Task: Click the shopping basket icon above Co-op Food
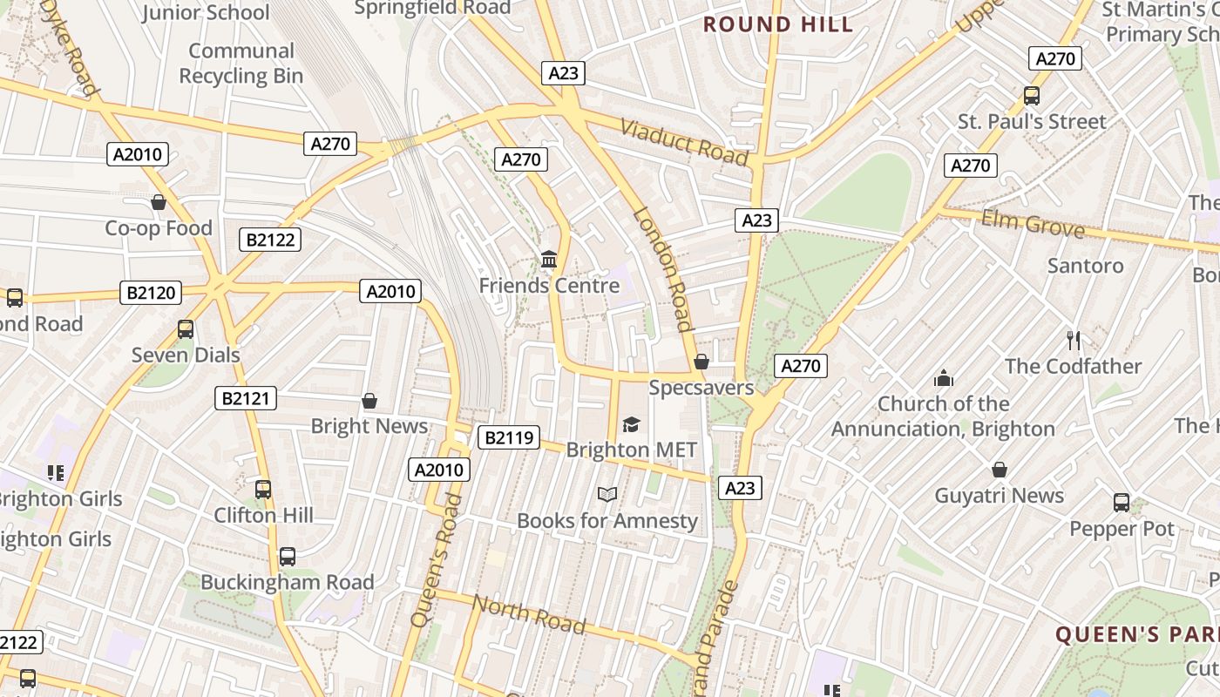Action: (159, 202)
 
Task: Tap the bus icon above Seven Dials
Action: (185, 329)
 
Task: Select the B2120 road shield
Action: (151, 293)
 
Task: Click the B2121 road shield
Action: (246, 399)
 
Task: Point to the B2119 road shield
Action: (508, 437)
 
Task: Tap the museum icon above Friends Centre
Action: (549, 260)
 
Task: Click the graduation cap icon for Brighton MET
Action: (631, 424)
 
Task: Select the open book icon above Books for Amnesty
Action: (607, 495)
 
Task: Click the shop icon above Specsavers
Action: (701, 362)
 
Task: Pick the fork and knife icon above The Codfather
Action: (1073, 341)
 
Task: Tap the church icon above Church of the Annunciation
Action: (943, 378)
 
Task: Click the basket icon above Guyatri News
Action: (1000, 470)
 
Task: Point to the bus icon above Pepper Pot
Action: (1122, 503)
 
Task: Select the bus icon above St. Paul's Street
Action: (1032, 96)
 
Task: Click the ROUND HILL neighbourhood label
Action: (778, 24)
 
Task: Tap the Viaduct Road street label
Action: (685, 142)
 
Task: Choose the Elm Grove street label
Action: (1033, 224)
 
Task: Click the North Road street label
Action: (529, 613)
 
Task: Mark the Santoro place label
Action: (1085, 266)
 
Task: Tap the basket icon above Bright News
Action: (369, 401)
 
